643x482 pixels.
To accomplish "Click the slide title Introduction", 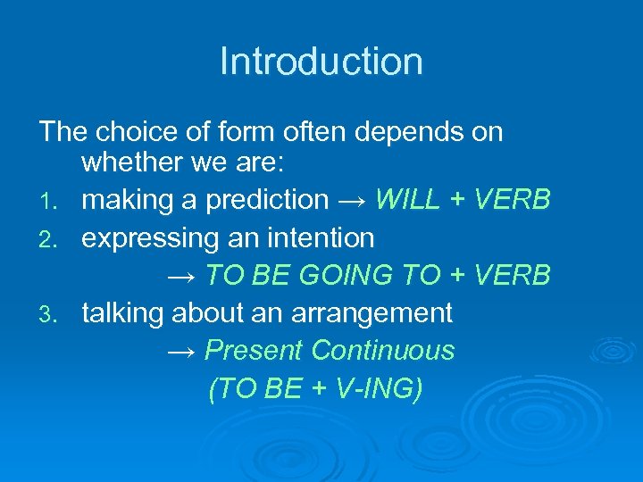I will pyautogui.click(x=321, y=62).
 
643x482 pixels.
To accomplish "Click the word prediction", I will pyautogui.click(x=267, y=201).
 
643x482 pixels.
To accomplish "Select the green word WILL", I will pyautogui.click(x=408, y=200).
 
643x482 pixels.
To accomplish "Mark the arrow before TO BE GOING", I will pyautogui.click(x=182, y=276).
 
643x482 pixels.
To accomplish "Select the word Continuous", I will pyautogui.click(x=382, y=350).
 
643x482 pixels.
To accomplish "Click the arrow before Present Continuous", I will pyautogui.click(x=182, y=351).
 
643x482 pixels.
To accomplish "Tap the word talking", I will pyautogui.click(x=122, y=313).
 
